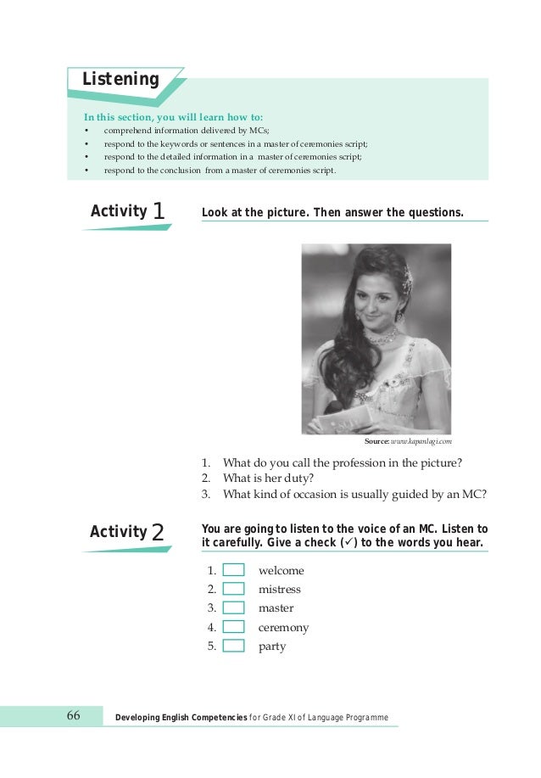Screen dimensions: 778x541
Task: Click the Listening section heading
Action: click(x=120, y=80)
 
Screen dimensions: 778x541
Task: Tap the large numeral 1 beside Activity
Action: click(x=159, y=211)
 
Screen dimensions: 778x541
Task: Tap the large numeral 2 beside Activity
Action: click(x=157, y=533)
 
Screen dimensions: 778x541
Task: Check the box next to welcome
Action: click(x=233, y=570)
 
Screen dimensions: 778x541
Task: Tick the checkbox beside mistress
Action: click(x=233, y=589)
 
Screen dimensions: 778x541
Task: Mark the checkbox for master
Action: click(x=233, y=607)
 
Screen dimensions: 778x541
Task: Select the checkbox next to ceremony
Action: click(x=233, y=627)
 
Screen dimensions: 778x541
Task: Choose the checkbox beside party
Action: click(x=233, y=646)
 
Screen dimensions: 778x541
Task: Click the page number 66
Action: click(x=73, y=717)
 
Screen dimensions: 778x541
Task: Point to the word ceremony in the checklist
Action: click(x=283, y=628)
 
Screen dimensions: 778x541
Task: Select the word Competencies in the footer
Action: click(x=208, y=718)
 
